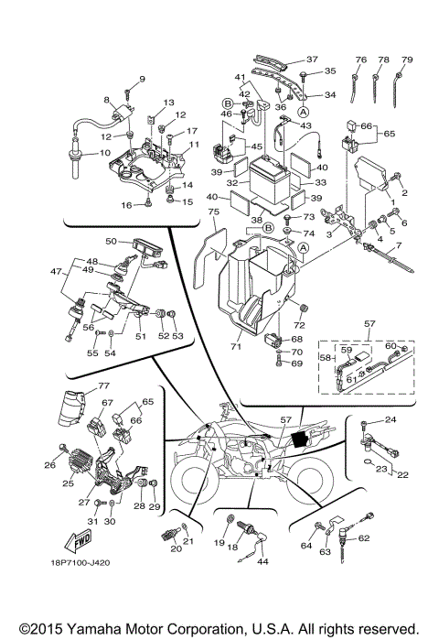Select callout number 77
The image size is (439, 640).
(x=79, y=385)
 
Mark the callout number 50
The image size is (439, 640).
(x=112, y=241)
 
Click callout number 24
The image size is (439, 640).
(x=390, y=420)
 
